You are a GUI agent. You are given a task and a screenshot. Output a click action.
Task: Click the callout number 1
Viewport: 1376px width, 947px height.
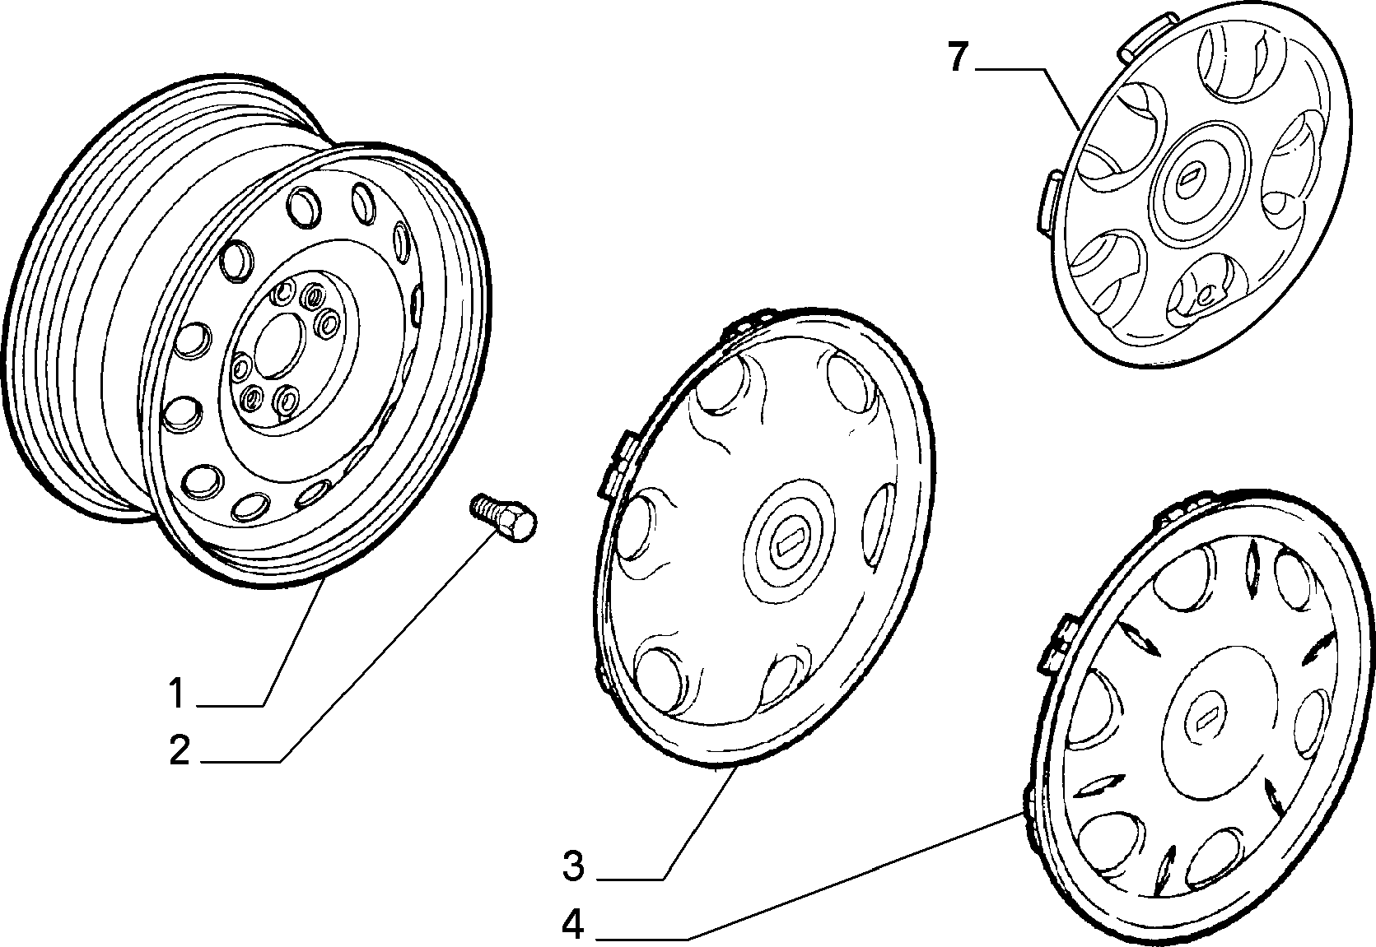[177, 693]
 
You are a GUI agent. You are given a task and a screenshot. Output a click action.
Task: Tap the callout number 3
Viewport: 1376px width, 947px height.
[573, 866]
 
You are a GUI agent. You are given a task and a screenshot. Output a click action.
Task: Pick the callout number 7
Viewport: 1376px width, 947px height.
[959, 57]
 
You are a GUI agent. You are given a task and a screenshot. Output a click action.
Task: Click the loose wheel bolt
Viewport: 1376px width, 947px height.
[502, 518]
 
